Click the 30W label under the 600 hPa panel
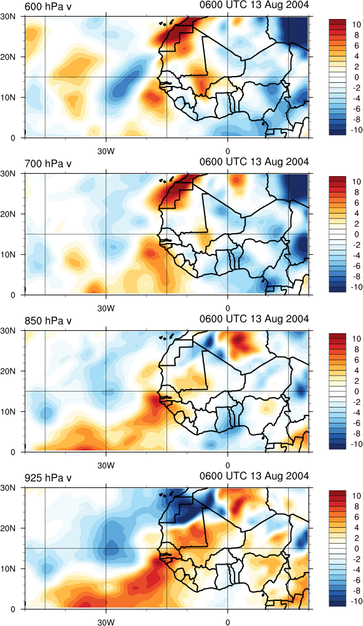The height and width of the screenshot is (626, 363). pos(106,152)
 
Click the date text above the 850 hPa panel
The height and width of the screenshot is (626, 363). pos(254,319)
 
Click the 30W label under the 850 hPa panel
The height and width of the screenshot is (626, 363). pos(106,466)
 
